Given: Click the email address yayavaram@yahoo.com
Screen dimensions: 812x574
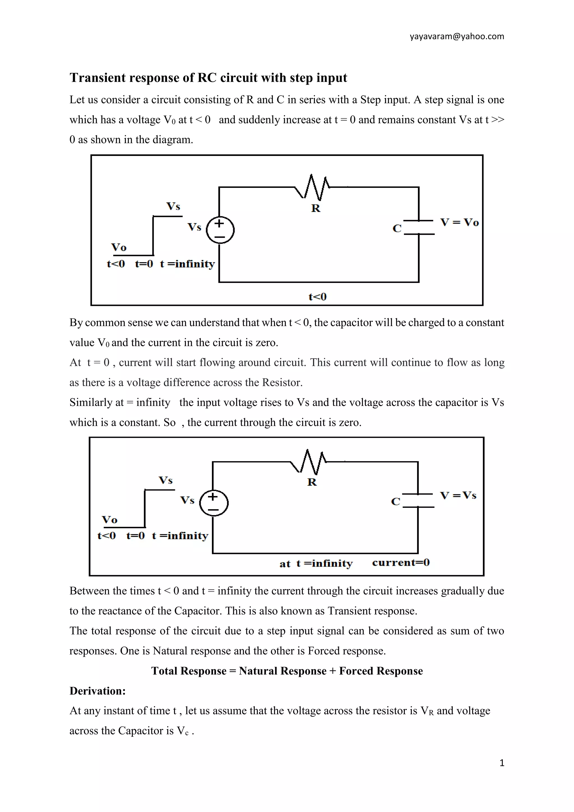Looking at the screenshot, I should [x=457, y=36].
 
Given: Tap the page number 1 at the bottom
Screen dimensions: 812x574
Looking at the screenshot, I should [x=501, y=763].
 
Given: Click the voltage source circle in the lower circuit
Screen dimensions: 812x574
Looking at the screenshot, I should [x=214, y=503].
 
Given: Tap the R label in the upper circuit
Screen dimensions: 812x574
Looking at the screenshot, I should [x=316, y=208].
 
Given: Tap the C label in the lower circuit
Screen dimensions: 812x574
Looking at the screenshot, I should [x=395, y=502].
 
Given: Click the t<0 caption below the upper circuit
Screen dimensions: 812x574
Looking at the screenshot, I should [x=317, y=297].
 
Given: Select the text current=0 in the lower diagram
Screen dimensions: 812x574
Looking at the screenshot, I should [x=401, y=563].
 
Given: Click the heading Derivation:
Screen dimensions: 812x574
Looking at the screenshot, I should [x=98, y=691].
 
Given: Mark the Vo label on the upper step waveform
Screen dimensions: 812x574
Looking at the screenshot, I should [x=119, y=247].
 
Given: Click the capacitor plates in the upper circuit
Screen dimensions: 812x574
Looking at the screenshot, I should [x=419, y=227].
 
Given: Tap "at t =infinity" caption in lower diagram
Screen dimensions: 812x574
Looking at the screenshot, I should [x=316, y=563].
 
